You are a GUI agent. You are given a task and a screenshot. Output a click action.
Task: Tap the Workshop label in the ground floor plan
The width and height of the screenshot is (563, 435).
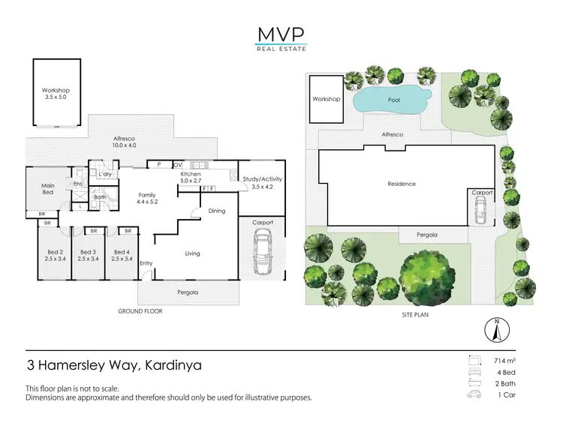tap(56, 94)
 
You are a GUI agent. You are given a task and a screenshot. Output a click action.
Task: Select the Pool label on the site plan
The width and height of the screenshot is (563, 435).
tap(393, 99)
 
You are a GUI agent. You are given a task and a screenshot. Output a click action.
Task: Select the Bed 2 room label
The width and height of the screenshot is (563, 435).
tap(54, 255)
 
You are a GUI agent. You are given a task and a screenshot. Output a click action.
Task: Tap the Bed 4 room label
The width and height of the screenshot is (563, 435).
tap(123, 255)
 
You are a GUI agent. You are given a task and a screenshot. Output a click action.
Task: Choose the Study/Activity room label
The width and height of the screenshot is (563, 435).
tap(262, 182)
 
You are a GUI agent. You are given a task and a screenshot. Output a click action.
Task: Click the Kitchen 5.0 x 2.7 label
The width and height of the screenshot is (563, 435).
tap(191, 178)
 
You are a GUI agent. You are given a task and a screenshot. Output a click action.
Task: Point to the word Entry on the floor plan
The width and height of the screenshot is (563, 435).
tap(146, 263)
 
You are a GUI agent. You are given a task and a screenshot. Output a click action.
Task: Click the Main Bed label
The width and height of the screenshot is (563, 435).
tap(48, 189)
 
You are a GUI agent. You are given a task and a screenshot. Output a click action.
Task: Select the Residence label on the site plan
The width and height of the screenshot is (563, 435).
tap(402, 184)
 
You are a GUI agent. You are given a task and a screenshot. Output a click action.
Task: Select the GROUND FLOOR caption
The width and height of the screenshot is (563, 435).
tap(140, 310)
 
